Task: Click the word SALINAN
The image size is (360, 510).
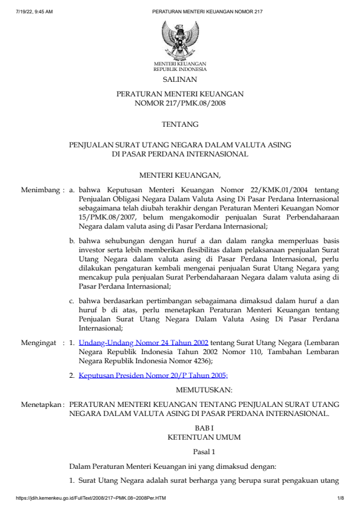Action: click(179, 79)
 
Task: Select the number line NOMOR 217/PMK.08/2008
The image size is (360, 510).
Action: click(179, 104)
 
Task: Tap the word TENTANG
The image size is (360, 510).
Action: click(180, 124)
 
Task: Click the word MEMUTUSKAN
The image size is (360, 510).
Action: click(204, 389)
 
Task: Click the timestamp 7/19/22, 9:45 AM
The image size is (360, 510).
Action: click(35, 12)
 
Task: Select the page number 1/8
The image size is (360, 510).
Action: click(341, 498)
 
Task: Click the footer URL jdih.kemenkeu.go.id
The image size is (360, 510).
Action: click(91, 498)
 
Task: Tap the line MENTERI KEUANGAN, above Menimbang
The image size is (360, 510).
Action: click(179, 176)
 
